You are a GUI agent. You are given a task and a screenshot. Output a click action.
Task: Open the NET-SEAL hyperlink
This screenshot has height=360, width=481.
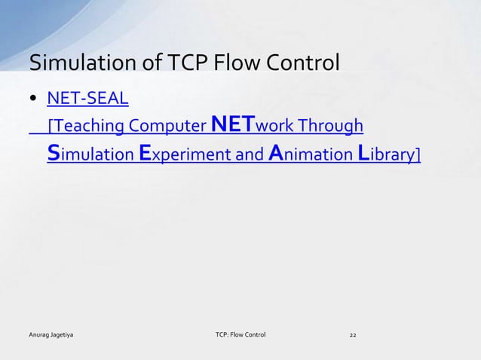point(87,99)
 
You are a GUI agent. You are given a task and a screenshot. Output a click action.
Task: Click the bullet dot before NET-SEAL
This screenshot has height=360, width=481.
point(34,99)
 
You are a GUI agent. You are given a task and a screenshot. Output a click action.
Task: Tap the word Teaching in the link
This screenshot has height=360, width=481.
point(82,125)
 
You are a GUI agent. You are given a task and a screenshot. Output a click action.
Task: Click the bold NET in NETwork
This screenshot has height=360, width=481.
point(234,124)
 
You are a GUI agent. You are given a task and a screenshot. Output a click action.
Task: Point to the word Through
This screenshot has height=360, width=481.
point(335,125)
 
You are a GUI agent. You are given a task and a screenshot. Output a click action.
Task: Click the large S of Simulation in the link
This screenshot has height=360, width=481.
point(54,153)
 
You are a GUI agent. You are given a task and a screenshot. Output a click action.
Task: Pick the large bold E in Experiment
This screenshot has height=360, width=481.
point(146,153)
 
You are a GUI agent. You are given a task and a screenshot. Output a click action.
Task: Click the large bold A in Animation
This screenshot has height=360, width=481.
point(276,153)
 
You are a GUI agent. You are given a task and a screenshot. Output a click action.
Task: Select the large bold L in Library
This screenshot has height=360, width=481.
point(362,153)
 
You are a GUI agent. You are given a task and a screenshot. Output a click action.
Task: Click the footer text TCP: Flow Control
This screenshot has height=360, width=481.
point(240,332)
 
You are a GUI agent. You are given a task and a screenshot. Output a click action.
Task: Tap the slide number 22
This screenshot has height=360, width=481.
point(353,332)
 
